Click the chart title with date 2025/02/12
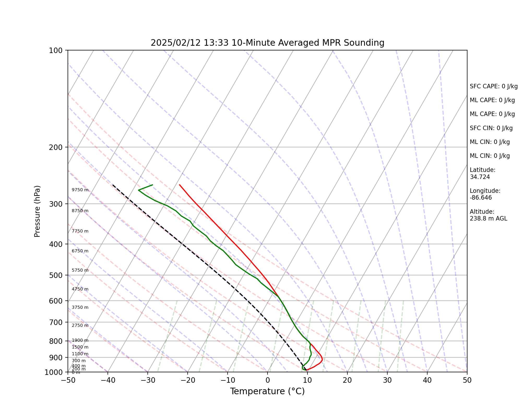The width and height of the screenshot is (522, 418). (267, 43)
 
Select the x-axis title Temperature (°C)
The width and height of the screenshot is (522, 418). (267, 391)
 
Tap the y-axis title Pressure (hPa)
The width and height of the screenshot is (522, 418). (37, 211)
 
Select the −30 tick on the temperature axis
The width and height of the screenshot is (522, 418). (147, 380)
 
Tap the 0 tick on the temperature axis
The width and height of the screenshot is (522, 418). (268, 380)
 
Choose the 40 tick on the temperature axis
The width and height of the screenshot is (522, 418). (427, 380)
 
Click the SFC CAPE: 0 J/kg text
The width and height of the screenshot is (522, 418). (494, 86)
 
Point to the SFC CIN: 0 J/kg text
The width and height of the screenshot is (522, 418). (491, 128)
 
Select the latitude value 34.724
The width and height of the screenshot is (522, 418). (480, 177)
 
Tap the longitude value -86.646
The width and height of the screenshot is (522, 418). (481, 198)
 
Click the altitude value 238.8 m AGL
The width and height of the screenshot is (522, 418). (488, 219)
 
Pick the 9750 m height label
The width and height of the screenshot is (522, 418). (80, 190)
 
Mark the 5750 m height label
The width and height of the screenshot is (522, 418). (80, 270)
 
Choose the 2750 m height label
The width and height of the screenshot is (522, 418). (80, 326)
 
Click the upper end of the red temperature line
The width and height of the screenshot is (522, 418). (179, 185)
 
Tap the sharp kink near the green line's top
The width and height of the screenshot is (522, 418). (138, 190)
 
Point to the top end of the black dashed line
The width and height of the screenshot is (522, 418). (113, 185)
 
